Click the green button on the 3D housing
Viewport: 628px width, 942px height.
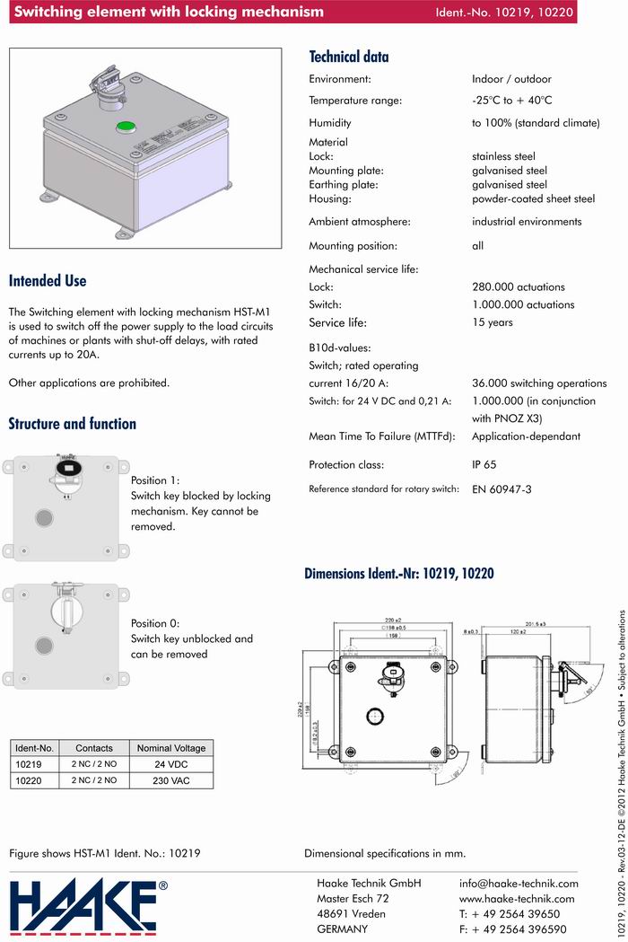coord(126,127)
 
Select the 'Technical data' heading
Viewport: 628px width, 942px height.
coord(349,57)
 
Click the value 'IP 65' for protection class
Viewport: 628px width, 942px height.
coord(484,465)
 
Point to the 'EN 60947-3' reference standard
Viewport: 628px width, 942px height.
coord(502,489)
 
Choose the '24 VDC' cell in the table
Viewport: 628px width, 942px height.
coord(170,764)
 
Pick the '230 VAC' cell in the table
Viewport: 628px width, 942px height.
coord(170,780)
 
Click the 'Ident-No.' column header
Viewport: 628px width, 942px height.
coord(35,748)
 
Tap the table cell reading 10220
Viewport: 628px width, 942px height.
coord(30,780)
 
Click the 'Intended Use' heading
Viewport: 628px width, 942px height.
coord(48,281)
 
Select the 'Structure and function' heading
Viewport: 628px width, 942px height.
coord(73,424)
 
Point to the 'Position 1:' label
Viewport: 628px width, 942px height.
coord(155,480)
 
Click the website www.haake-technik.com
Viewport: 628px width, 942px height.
coord(516,898)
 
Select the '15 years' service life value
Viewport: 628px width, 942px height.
coord(493,322)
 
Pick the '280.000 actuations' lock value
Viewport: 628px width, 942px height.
coord(519,286)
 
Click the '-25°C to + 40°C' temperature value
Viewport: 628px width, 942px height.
coord(511,101)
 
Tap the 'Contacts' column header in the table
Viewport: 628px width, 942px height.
coord(94,748)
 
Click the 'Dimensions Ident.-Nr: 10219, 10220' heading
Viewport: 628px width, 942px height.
coord(399,573)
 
